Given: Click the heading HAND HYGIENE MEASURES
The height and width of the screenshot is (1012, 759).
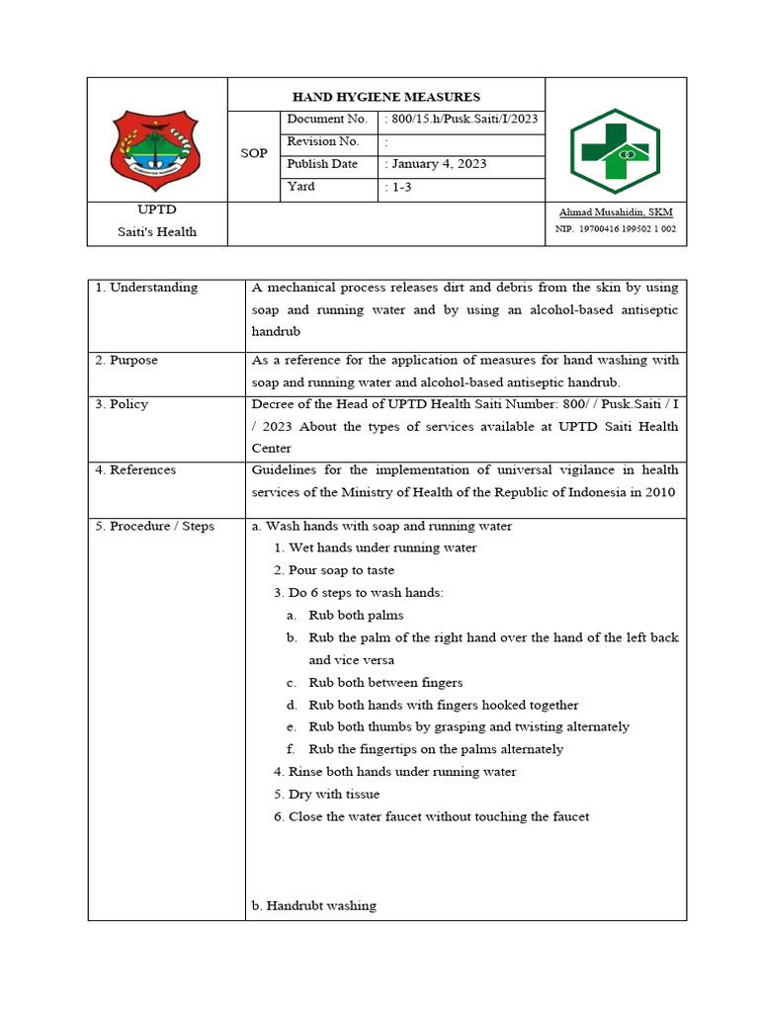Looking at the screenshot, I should click(386, 97).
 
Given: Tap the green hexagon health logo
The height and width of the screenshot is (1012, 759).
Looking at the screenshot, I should click(615, 151).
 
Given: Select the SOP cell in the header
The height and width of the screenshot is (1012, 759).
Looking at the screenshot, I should click(254, 154).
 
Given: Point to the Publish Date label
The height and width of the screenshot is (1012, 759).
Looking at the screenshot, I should click(322, 164).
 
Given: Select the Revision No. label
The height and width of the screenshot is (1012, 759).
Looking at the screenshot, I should click(323, 142).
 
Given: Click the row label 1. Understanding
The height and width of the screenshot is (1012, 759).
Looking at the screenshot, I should click(146, 288).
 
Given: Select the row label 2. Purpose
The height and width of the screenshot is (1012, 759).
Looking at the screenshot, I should click(126, 361).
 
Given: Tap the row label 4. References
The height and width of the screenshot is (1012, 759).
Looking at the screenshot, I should click(135, 470).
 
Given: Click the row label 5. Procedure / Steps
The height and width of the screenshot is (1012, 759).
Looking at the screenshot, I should click(155, 527).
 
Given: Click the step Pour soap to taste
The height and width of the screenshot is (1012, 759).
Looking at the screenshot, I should click(341, 570).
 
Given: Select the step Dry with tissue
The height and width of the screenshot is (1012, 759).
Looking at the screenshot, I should click(334, 795).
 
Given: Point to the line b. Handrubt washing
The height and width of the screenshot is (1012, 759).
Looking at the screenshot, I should click(315, 906).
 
